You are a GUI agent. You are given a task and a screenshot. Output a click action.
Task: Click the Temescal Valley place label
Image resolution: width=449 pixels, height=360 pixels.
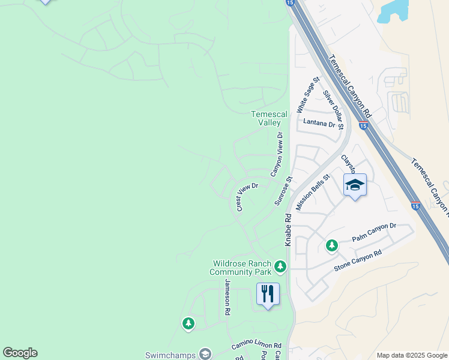point(265,118)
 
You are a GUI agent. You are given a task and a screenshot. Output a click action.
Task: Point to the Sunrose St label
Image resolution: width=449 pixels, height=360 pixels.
point(283,191)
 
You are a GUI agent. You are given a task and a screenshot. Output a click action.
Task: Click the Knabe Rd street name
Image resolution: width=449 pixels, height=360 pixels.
point(288,230)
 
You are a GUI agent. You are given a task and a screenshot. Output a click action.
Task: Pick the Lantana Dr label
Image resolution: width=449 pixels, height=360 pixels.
point(319,123)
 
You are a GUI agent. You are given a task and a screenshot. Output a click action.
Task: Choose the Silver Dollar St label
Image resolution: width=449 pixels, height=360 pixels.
point(334,109)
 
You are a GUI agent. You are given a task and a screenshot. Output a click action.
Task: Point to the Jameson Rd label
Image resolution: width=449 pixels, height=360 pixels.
point(228,298)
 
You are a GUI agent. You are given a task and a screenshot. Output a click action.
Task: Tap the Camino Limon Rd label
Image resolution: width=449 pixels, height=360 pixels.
point(256,346)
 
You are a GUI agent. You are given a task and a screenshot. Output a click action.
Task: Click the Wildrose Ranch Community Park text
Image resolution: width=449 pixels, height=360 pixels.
point(241,268)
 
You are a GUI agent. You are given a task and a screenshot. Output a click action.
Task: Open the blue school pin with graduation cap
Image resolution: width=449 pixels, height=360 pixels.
point(355,185)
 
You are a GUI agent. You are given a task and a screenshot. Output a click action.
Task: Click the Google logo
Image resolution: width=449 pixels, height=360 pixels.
point(20,353)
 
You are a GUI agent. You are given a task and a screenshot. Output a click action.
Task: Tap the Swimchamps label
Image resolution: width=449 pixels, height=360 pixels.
point(170,355)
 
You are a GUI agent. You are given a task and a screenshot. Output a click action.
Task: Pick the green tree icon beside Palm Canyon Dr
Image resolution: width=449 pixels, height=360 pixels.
point(331,245)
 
